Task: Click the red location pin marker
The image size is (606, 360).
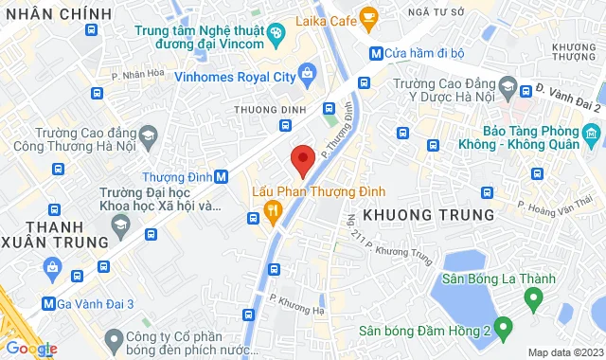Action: tap(302, 159)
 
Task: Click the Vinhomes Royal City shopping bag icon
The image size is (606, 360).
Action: tap(306, 72)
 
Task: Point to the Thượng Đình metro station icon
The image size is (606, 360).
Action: tap(221, 176)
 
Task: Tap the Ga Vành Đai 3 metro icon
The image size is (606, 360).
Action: tap(48, 304)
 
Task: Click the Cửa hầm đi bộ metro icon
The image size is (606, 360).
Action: tap(376, 54)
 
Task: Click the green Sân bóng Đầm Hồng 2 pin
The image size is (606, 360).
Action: tap(504, 330)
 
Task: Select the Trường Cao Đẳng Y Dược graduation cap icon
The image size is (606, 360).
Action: tap(507, 90)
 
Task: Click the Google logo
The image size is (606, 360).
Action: tap(30, 349)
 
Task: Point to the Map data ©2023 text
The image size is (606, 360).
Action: tap(564, 352)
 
